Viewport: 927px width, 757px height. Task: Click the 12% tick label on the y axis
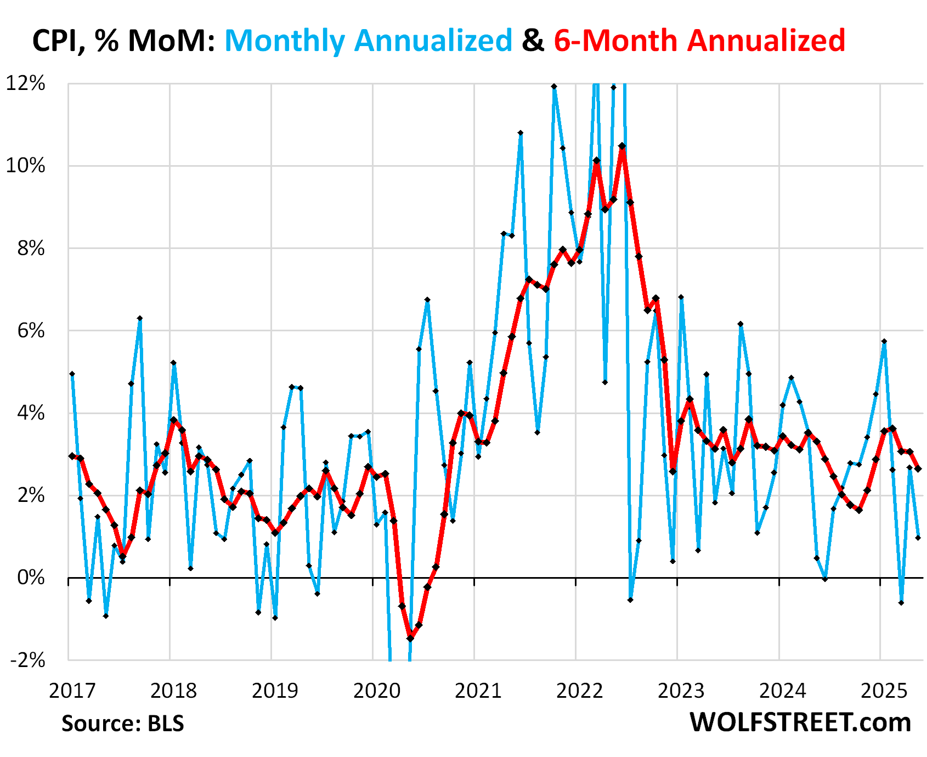25,83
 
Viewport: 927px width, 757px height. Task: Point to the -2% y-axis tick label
27,660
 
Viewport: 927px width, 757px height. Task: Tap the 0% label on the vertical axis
31,577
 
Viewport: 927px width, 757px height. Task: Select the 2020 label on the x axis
377,691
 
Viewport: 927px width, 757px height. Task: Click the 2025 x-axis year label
884,691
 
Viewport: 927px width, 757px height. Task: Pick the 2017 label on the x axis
72,691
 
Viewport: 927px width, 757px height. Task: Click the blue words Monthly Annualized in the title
368,41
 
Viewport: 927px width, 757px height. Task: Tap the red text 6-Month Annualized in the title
699,41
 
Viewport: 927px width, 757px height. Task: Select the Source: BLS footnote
122,724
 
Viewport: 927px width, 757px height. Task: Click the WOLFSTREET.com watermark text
800,722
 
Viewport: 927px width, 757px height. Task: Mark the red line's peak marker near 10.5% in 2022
622,146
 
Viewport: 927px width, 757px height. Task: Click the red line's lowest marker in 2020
410,638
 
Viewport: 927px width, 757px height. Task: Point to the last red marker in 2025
918,468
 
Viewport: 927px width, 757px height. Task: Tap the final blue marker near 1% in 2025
918,538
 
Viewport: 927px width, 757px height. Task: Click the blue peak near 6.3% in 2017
140,318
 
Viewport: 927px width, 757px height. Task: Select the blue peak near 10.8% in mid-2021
521,133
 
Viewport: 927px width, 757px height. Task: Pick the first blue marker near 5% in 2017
72,374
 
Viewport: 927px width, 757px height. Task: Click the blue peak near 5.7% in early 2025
884,341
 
